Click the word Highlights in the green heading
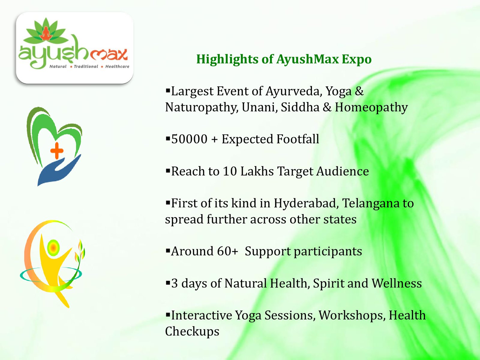click(x=227, y=59)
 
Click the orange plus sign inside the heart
click(x=57, y=151)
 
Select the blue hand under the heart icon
click(x=59, y=170)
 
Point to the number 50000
click(x=189, y=139)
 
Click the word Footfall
click(x=298, y=139)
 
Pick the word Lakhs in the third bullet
click(x=257, y=171)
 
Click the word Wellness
click(x=397, y=283)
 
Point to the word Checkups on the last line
click(x=192, y=331)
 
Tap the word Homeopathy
click(x=371, y=107)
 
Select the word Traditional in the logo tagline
click(x=86, y=66)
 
